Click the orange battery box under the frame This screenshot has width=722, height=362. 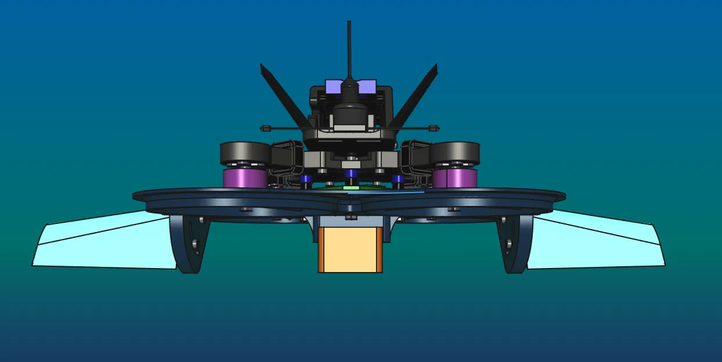tap(350, 249)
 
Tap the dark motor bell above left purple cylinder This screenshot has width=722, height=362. tap(244, 153)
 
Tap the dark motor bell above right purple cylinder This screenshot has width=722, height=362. tap(456, 153)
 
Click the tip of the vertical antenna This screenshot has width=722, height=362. tap(349, 23)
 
